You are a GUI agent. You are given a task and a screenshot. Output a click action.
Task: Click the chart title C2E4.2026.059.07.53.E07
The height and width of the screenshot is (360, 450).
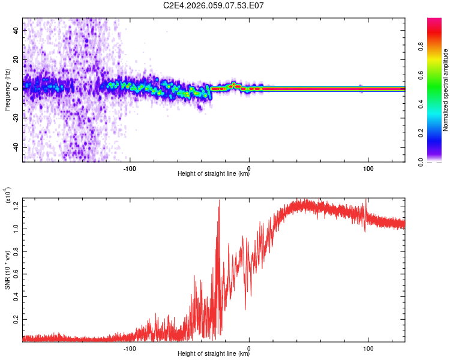214,6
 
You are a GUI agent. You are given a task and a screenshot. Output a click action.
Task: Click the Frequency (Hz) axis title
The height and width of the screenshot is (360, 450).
7,89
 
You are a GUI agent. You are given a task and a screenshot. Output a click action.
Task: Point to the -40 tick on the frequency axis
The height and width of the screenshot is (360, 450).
15,147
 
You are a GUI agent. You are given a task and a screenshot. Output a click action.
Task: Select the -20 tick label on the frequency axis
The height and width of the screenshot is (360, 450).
15,118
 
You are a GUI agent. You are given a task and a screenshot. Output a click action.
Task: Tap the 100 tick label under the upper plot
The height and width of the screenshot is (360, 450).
368,167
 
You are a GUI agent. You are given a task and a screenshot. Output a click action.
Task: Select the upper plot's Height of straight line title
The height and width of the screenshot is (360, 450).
214,175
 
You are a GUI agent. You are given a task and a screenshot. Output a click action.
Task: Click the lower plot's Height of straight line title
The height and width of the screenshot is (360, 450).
214,354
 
